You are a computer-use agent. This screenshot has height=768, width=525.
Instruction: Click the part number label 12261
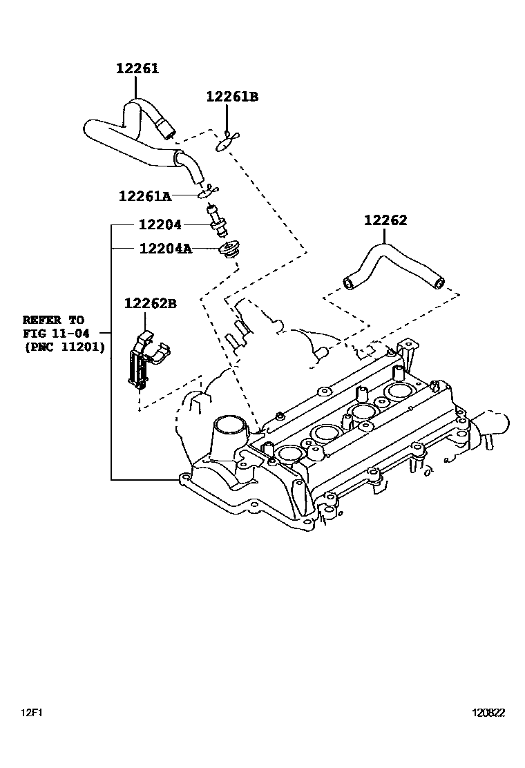coord(137,68)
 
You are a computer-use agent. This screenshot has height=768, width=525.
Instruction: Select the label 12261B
coord(231,97)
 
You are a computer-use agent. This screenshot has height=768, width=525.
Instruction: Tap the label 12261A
coord(144,196)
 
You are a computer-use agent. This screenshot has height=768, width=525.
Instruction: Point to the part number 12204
coord(160,224)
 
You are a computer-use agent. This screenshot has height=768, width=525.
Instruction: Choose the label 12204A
coord(165,248)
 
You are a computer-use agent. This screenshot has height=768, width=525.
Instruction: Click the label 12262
coord(385,221)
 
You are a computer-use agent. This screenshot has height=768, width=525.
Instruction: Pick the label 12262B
coord(151,303)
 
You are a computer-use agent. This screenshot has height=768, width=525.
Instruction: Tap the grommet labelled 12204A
coord(226,250)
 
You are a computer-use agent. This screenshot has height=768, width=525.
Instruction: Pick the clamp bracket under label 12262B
coord(142,359)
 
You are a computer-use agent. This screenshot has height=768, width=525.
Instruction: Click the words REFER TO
coord(52,320)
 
